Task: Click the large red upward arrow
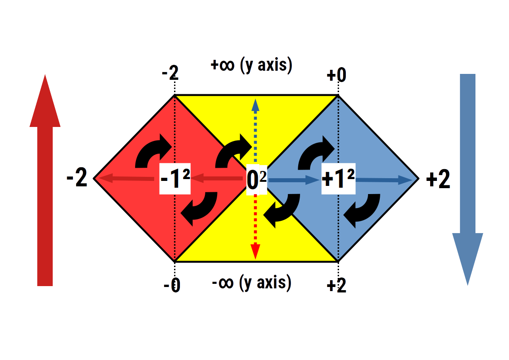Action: pos(45,190)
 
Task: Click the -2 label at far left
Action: pos(77,180)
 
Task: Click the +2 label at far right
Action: pos(438,181)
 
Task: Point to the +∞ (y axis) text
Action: pos(252,65)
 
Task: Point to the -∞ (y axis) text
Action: pos(252,283)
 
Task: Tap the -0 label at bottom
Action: pos(172,286)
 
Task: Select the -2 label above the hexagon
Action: pos(170,73)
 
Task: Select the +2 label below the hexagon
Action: pos(336,286)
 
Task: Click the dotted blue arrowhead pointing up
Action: pos(256,105)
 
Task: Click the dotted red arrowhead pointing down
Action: pos(256,251)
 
